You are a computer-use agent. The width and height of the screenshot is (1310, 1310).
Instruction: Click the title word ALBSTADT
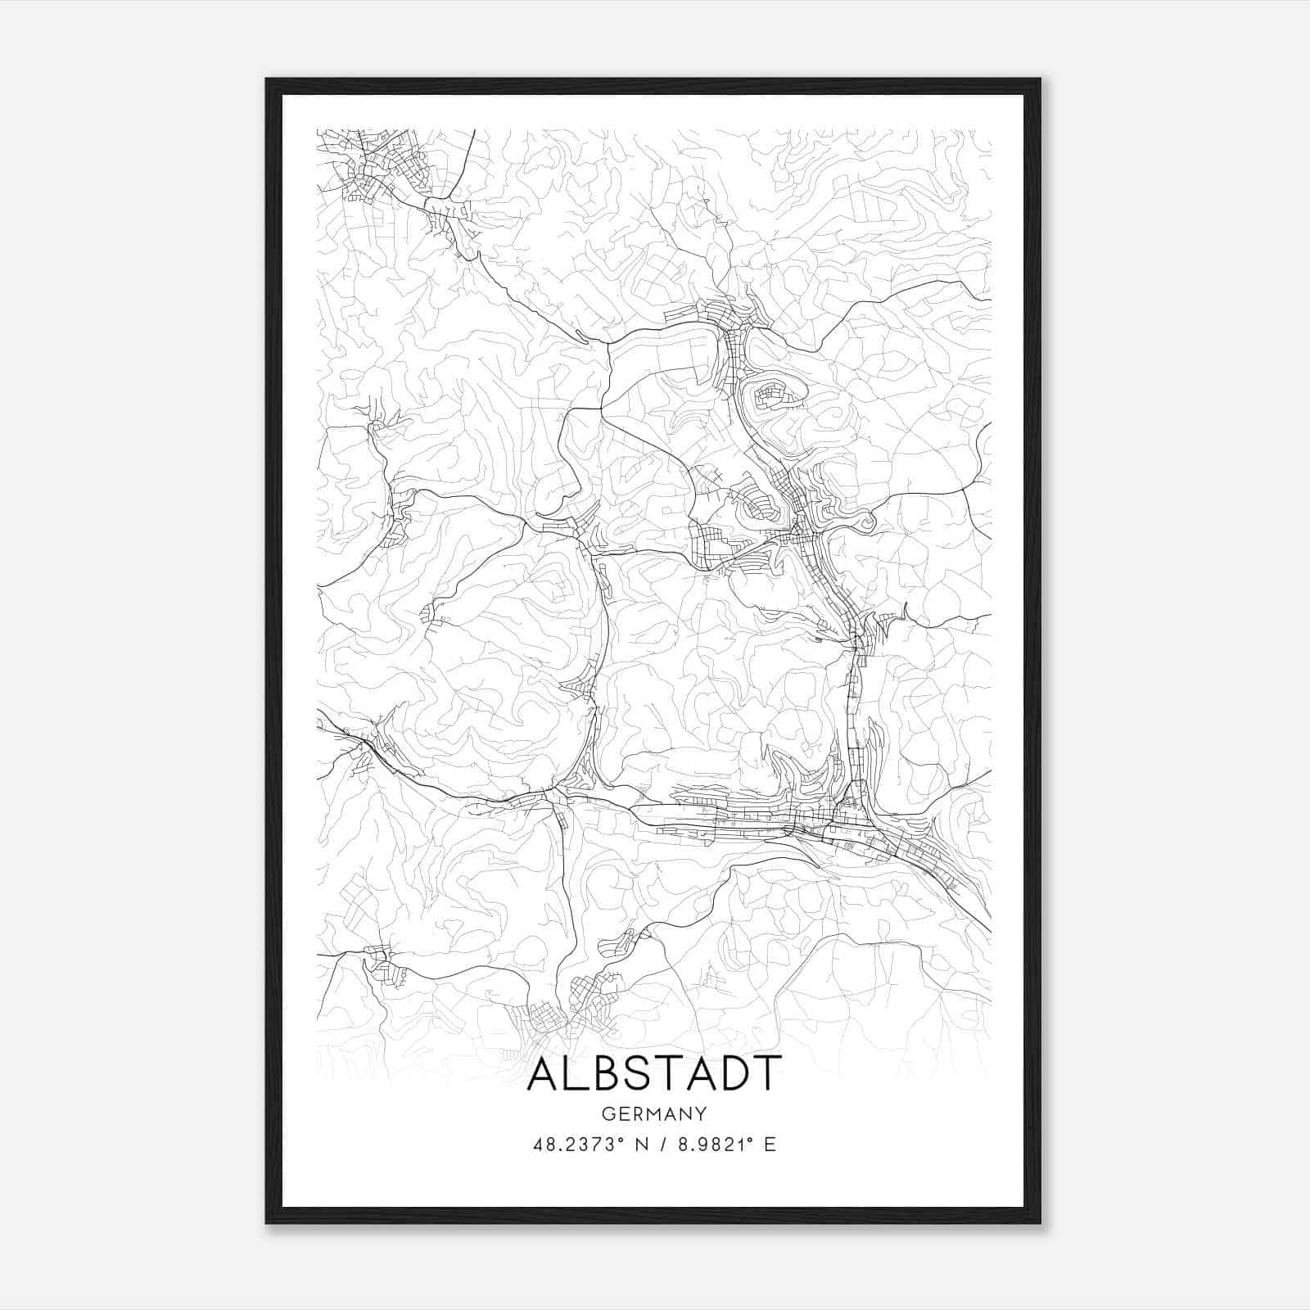654,1073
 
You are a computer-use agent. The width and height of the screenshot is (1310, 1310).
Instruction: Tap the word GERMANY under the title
654,1114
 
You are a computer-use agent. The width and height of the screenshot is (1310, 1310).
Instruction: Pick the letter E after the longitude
770,1145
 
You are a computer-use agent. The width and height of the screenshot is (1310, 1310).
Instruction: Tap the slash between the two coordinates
660,1145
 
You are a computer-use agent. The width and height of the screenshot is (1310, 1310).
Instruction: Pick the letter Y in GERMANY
701,1114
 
